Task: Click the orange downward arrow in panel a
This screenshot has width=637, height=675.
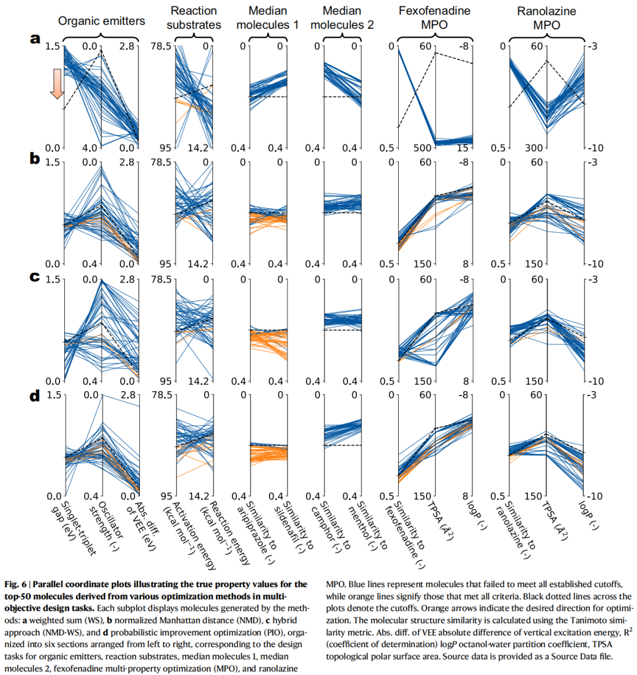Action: coord(56,83)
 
